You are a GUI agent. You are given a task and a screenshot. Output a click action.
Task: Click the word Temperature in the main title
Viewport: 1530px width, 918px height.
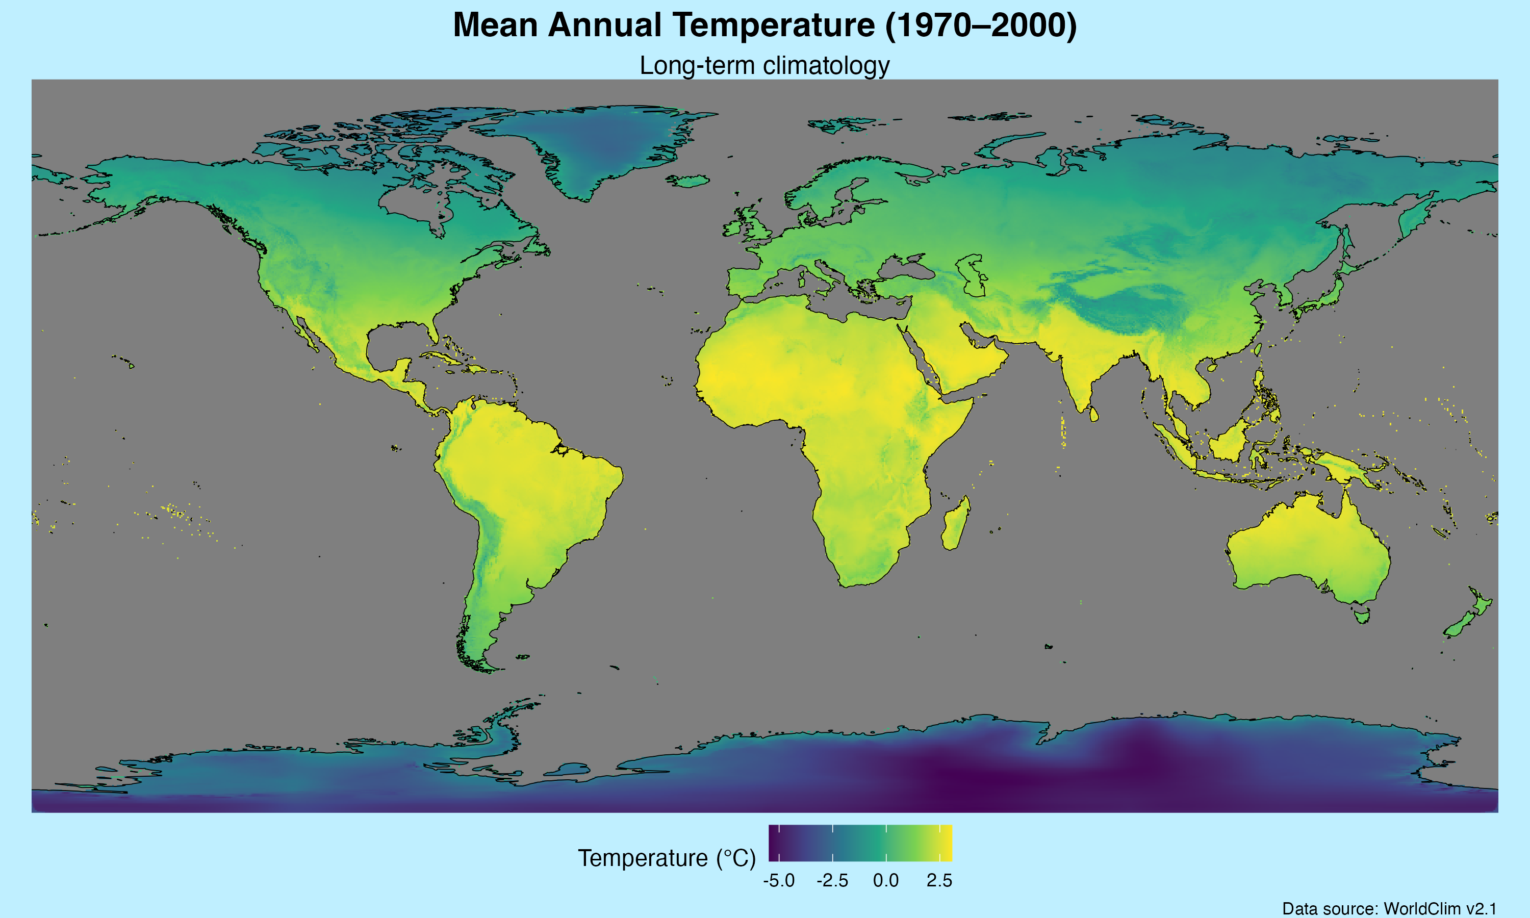click(x=773, y=26)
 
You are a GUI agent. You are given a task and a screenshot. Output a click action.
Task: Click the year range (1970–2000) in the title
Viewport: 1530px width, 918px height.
click(x=981, y=26)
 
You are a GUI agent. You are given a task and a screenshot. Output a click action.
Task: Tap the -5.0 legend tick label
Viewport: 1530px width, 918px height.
click(x=779, y=880)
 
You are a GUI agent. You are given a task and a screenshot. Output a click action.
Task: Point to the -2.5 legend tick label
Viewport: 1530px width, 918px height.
click(x=832, y=880)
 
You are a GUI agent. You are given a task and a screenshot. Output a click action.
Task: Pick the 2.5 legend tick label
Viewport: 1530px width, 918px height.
click(x=939, y=880)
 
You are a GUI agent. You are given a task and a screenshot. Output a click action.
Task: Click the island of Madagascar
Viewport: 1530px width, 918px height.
click(x=955, y=526)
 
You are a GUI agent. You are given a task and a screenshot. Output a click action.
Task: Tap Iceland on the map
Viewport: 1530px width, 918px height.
click(x=687, y=181)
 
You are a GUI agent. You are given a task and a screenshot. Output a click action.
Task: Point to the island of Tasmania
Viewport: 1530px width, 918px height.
click(x=1362, y=616)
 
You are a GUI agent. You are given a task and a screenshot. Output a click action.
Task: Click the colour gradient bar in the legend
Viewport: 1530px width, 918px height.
click(x=860, y=843)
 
